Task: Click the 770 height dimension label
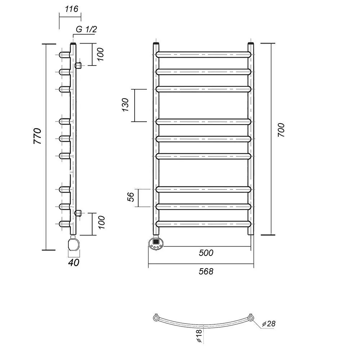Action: point(38,136)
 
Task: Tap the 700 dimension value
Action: point(281,130)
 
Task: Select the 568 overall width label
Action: point(206,271)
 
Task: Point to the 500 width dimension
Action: point(206,253)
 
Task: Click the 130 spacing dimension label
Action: point(125,105)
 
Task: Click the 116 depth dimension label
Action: point(71,9)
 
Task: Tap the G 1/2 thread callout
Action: point(86,29)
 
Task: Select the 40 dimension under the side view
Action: point(74,262)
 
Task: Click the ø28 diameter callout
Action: point(269,324)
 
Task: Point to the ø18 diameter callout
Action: point(199,336)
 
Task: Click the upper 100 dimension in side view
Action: point(100,54)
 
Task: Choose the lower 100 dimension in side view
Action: point(101,222)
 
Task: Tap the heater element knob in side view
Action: point(73,244)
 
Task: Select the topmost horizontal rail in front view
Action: point(203,55)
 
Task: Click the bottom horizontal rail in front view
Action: point(203,224)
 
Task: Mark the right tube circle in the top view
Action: point(251,318)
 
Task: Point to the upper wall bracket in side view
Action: point(78,66)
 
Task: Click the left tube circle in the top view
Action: point(156,318)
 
